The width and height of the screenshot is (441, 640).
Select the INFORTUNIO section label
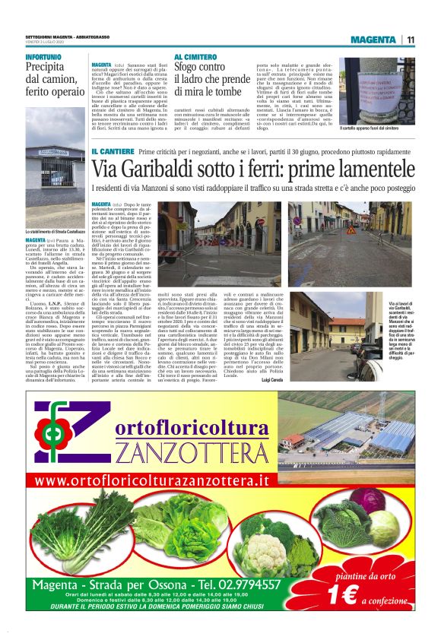tap(44, 58)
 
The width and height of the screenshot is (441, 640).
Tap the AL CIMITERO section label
tap(195, 58)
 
